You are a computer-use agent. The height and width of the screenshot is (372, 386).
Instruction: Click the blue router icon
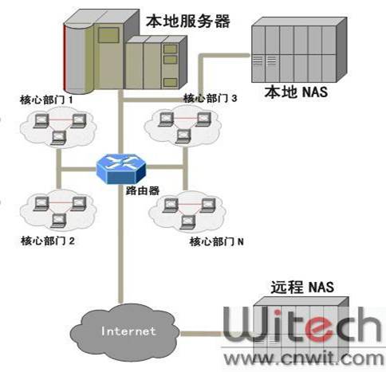[x=121, y=169]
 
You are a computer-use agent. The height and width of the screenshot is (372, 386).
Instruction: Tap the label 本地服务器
[x=188, y=22]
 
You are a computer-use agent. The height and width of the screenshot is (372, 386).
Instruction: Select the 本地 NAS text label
[x=296, y=92]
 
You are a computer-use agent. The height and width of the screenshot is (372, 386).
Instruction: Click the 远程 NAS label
[x=302, y=288]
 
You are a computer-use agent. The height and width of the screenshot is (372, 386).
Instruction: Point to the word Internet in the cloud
[x=128, y=331]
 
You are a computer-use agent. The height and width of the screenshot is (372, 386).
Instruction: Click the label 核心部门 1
[x=46, y=100]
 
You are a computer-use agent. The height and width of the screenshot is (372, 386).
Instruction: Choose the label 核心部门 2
[x=48, y=241]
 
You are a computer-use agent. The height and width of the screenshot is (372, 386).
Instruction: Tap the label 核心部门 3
[x=210, y=98]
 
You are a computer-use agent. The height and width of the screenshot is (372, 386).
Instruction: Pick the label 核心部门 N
[x=216, y=241]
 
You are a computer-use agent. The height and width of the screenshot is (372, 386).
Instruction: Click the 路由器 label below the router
[x=142, y=190]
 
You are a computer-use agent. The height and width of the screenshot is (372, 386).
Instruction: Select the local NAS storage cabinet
[x=299, y=49]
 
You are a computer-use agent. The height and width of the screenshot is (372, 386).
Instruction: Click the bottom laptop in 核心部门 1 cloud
[x=58, y=138]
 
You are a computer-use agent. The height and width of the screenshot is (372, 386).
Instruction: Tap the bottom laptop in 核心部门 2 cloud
[x=58, y=221]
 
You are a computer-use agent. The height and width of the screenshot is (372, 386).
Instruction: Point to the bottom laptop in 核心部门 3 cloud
[x=183, y=136]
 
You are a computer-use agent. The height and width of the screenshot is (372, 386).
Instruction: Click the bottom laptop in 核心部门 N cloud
[x=187, y=222]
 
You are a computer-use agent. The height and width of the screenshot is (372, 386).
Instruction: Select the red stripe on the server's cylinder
[x=65, y=57]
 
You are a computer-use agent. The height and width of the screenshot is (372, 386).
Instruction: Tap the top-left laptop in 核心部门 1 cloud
[x=41, y=121]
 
